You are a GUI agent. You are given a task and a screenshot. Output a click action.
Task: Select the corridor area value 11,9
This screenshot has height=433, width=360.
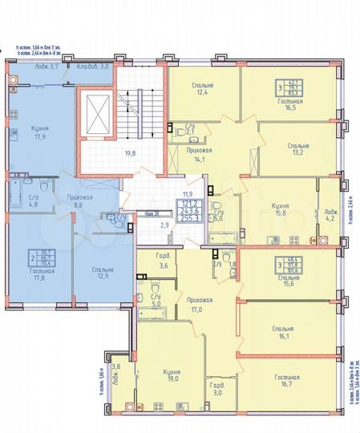point(189,193)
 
